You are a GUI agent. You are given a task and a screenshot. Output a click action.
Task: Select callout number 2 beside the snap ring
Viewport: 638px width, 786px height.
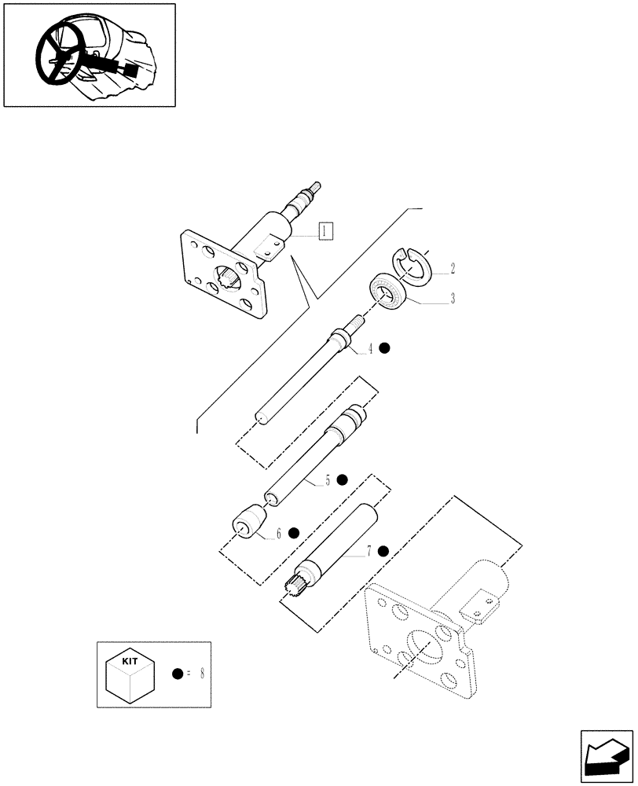[x=453, y=269]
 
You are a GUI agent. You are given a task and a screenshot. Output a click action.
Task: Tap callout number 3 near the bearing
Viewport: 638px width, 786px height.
[x=453, y=299]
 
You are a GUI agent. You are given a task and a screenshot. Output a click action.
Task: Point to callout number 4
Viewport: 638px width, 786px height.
[x=371, y=348]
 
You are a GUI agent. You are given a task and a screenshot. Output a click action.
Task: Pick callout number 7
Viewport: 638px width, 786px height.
[x=368, y=551]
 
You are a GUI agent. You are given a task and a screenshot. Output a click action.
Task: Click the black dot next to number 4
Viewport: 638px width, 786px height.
[x=385, y=348]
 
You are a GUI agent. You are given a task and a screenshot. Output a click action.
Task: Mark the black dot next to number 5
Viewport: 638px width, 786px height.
[x=343, y=479]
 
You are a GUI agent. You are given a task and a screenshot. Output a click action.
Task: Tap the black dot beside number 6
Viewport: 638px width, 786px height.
[x=294, y=533]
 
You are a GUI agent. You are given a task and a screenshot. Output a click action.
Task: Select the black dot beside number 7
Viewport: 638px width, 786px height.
[x=383, y=551]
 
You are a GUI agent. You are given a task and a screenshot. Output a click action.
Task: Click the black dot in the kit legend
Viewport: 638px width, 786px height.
[x=178, y=674]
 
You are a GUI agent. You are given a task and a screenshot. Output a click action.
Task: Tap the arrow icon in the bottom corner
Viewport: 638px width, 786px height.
[x=606, y=755]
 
